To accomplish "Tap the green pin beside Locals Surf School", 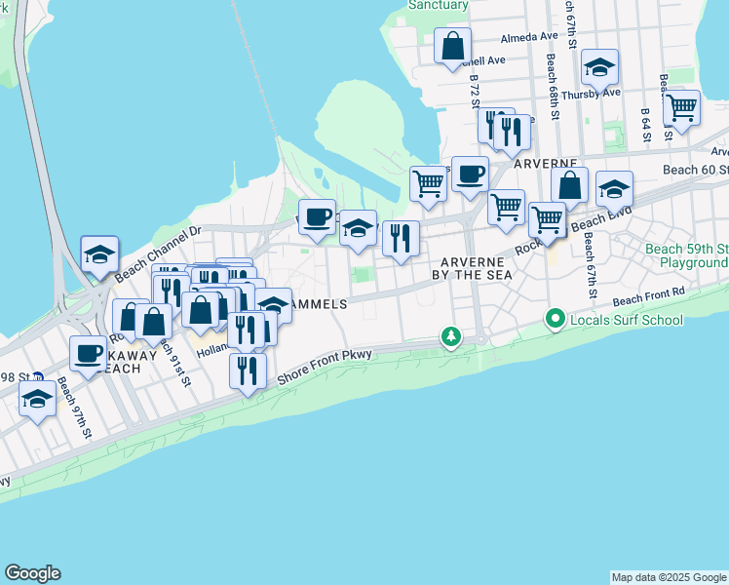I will click(556, 318).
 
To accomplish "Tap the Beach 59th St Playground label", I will click(686, 255).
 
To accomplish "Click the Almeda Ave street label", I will click(528, 37).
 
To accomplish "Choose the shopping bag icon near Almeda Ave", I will click(452, 45).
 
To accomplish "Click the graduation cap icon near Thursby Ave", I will click(599, 67).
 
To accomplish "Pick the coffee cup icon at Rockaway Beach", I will click(89, 353).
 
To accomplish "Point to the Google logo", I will click(32, 573).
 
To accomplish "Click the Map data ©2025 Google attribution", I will click(668, 577).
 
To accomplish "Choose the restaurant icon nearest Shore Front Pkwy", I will click(248, 370).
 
